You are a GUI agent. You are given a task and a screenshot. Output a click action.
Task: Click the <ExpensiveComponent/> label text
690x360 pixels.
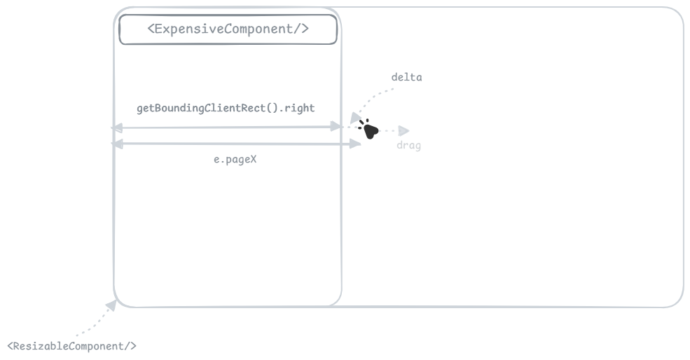228,29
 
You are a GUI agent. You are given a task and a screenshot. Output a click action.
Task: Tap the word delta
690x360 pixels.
406,77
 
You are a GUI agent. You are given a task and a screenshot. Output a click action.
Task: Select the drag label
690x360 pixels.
409,145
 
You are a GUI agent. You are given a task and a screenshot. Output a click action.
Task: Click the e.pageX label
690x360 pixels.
235,159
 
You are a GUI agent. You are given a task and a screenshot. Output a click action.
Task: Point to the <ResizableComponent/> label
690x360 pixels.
71,346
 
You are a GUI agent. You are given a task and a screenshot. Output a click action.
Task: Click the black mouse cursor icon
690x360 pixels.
368,129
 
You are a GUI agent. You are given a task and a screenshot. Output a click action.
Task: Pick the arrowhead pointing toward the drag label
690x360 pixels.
403,131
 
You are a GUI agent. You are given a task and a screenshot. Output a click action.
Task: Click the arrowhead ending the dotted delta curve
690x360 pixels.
355,118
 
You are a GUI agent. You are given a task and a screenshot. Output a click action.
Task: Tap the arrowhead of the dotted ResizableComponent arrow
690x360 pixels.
111,305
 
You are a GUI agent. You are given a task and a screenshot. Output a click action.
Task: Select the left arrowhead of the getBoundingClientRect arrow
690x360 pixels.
116,128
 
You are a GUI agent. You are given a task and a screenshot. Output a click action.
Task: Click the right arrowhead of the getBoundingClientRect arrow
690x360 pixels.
336,127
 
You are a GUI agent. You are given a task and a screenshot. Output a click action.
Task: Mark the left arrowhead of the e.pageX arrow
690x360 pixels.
118,144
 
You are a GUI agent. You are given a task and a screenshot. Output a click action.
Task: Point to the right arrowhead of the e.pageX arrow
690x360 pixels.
355,144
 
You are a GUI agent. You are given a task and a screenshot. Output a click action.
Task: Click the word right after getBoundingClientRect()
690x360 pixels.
300,109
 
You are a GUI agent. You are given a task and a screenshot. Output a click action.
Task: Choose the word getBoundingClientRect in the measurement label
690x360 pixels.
201,109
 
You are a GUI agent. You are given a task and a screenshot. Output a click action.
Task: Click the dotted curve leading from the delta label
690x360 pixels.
371,97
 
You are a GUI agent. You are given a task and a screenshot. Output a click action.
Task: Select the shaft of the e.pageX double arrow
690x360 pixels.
236,144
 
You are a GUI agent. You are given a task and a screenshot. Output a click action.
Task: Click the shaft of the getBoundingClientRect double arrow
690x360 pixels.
227,127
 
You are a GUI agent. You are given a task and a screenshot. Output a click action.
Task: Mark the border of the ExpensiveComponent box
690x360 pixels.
228,15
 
